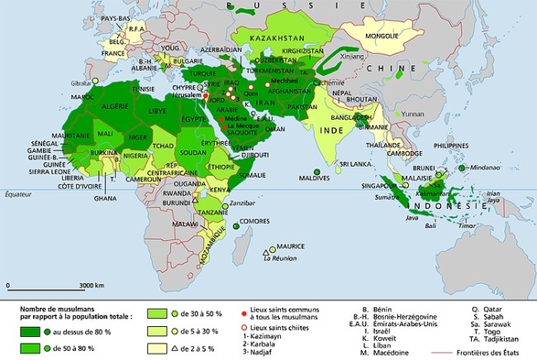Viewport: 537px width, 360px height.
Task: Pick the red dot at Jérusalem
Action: point(206,96)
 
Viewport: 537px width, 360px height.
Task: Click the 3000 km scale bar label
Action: point(91,286)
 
